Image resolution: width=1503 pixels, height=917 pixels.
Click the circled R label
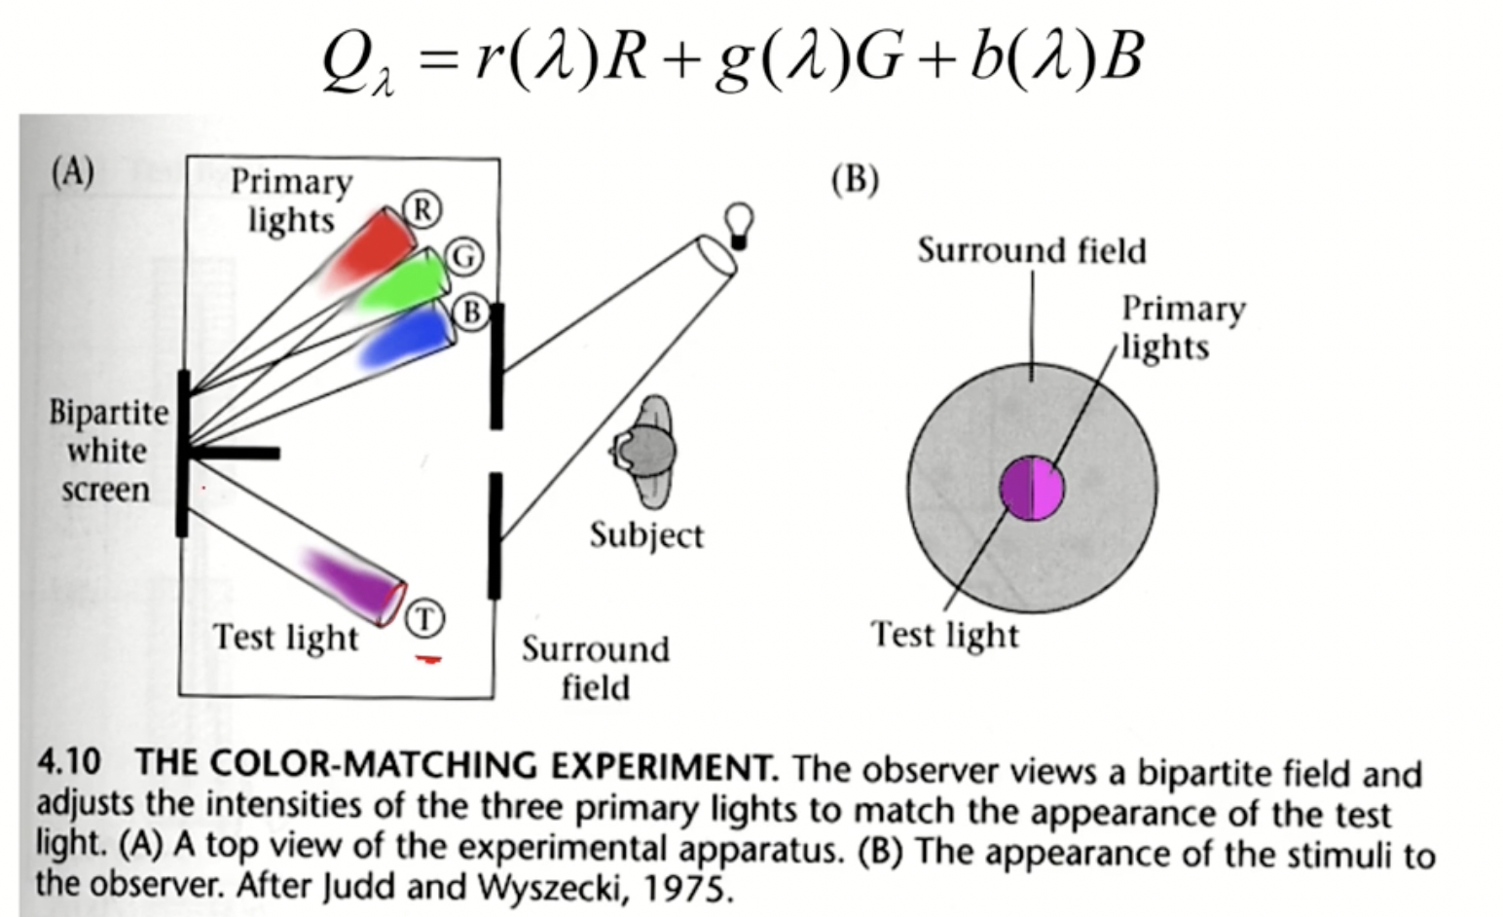422,209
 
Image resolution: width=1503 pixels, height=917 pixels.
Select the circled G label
464,257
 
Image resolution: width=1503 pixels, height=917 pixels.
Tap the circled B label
471,312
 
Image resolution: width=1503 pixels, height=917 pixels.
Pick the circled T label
423,618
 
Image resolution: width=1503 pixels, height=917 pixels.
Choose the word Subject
646,535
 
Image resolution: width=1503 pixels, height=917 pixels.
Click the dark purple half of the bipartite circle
1016,488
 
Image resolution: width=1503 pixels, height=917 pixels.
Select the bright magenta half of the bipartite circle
1046,488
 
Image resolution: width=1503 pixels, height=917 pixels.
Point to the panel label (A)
73,172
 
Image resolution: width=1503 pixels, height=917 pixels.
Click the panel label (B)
855,180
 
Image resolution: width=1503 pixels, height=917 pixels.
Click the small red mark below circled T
427,660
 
